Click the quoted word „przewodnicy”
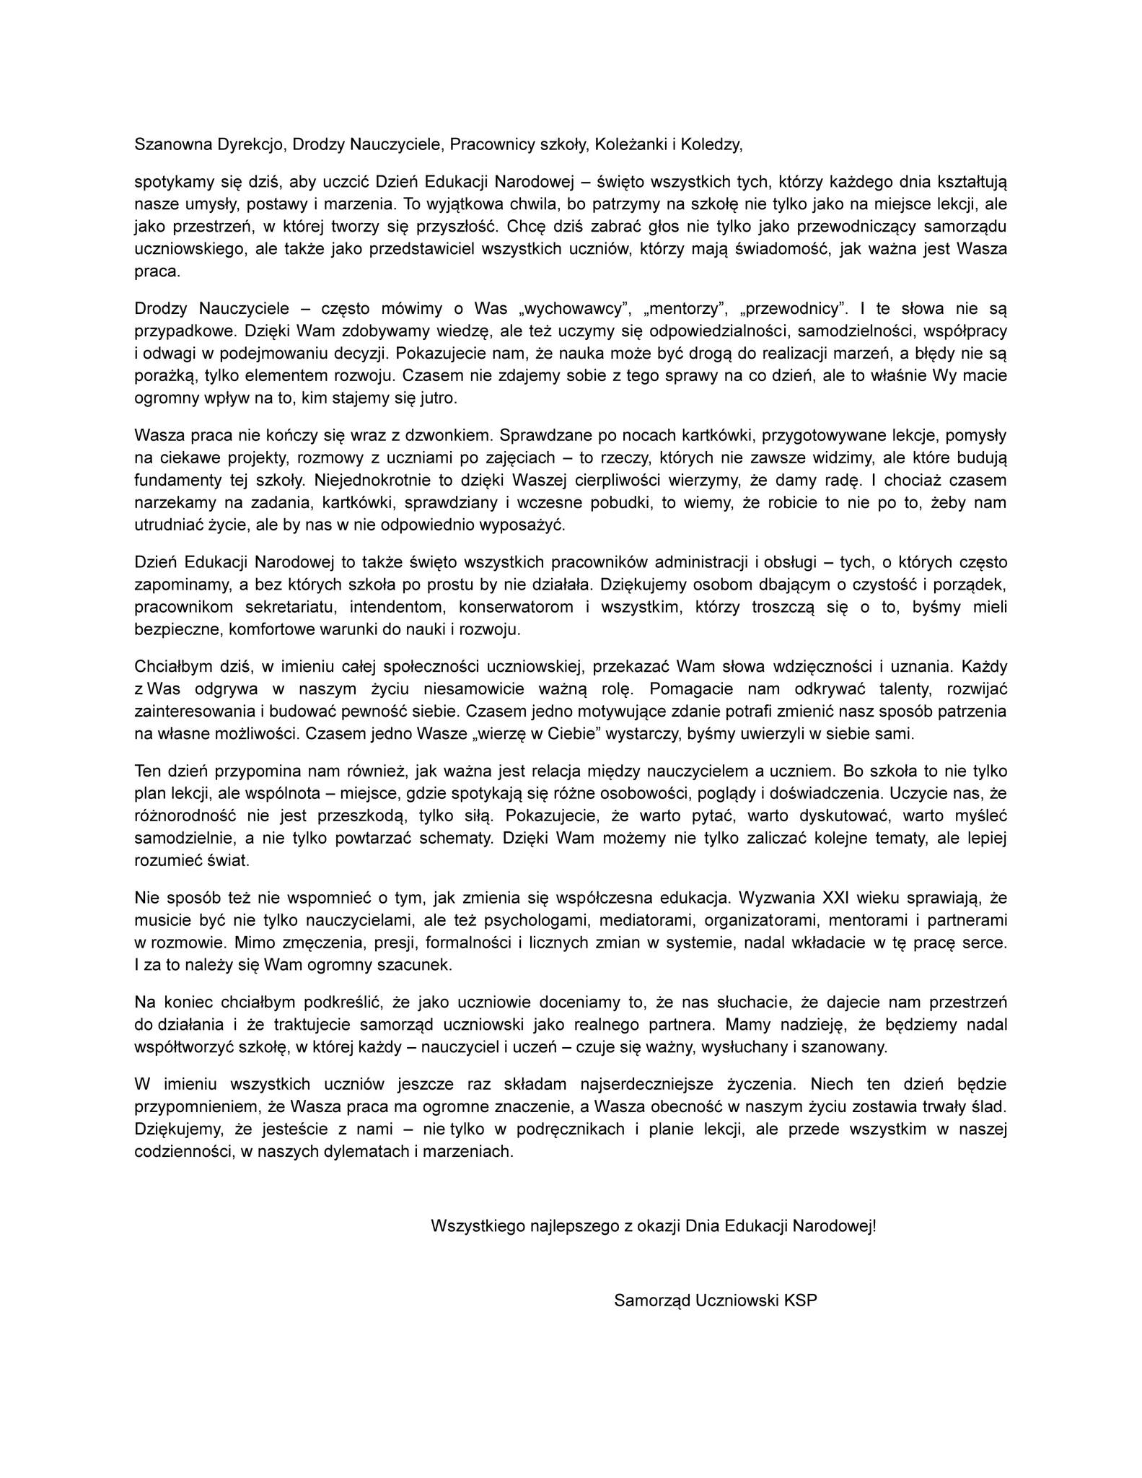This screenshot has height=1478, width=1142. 794,310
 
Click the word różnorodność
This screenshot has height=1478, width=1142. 186,815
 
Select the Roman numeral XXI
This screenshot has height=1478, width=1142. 840,898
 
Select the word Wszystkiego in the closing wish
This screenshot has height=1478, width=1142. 473,1226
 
